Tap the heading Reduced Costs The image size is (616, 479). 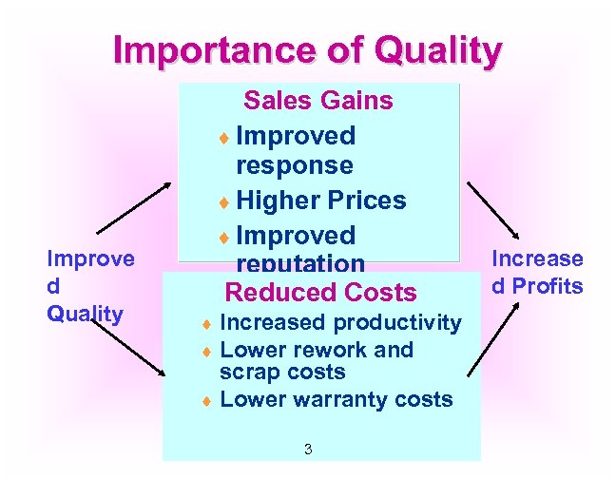[x=320, y=293]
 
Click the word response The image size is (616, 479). [x=294, y=165]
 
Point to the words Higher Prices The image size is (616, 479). [x=320, y=201]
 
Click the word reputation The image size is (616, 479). [x=300, y=264]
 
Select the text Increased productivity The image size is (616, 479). [x=340, y=323]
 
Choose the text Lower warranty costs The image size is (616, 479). [x=336, y=399]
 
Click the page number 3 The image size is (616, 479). [x=308, y=449]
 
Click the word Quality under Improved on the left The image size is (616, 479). [x=85, y=314]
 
